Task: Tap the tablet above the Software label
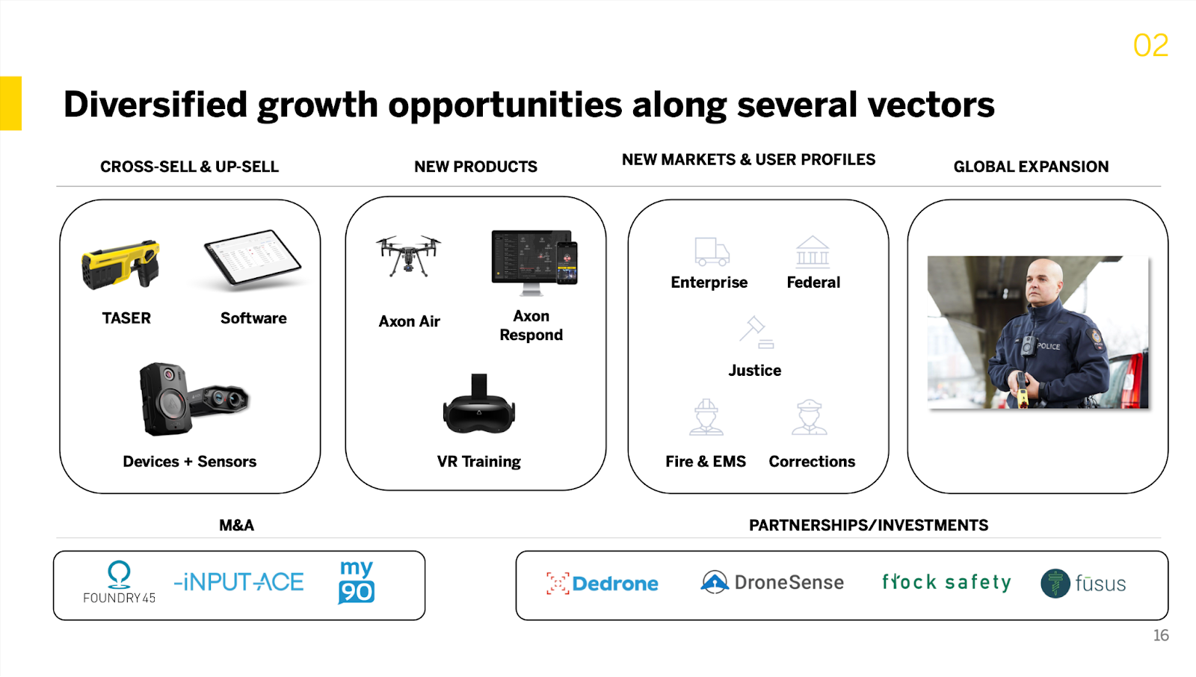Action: (x=253, y=259)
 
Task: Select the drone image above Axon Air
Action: (x=408, y=256)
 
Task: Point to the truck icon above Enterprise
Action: (x=711, y=252)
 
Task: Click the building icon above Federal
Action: (x=813, y=252)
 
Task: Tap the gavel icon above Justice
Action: (x=756, y=333)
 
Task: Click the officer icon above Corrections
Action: (x=810, y=417)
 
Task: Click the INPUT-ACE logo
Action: (x=239, y=582)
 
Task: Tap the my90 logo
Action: (x=357, y=582)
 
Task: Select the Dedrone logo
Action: (x=602, y=584)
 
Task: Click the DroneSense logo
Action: (x=772, y=582)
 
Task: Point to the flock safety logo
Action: (x=946, y=582)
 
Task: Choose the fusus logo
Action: (x=1083, y=584)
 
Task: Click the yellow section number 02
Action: (x=1150, y=46)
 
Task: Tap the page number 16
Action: (x=1160, y=636)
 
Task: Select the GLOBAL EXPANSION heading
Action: (x=1031, y=167)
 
